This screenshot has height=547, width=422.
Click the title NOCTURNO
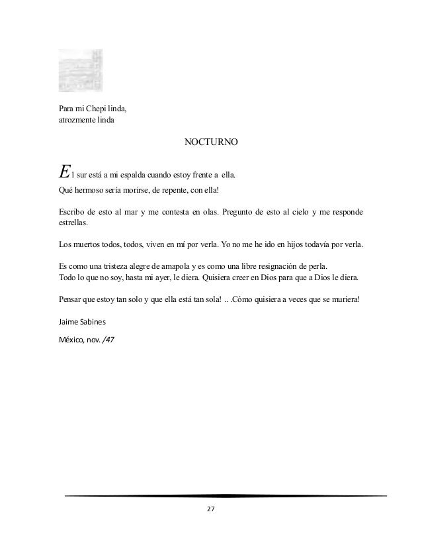(211, 142)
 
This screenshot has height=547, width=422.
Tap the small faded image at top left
(81, 70)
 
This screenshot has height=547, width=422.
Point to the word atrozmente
(78, 120)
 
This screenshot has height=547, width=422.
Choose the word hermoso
(88, 191)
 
